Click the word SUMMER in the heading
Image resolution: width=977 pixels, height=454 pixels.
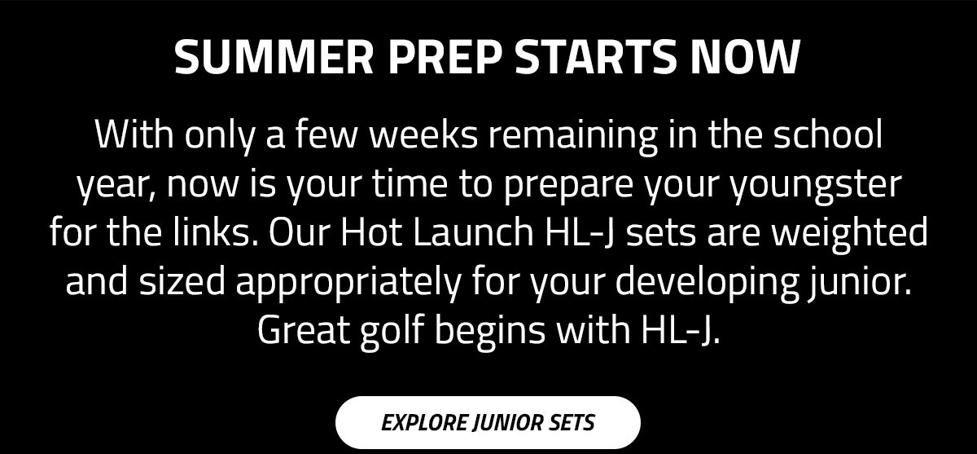[x=274, y=57]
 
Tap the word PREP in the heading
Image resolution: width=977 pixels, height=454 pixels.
[x=444, y=57]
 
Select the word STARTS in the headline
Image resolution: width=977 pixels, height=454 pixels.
[x=595, y=57]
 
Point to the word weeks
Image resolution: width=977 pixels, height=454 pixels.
[x=424, y=134]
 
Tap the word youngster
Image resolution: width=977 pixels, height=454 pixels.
[x=816, y=185]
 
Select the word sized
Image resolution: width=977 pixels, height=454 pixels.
[x=182, y=280]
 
